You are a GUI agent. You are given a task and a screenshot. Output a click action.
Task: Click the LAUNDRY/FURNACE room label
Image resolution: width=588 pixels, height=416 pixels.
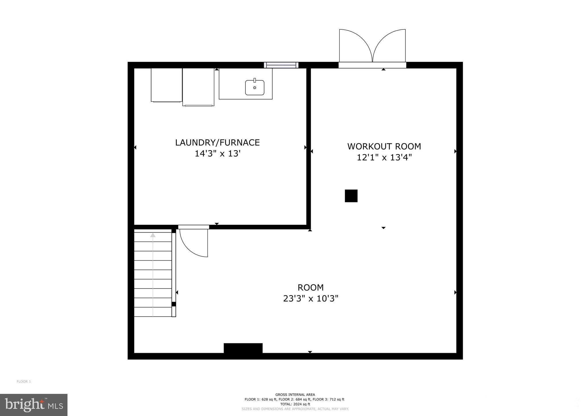tap(217, 142)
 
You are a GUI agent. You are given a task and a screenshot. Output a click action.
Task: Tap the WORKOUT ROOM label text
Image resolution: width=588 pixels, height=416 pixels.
tap(384, 147)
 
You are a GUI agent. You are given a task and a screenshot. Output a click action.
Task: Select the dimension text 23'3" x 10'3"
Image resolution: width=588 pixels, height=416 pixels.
tap(311, 299)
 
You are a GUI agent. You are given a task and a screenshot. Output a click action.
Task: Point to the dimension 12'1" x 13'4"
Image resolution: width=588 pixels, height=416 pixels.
tap(384, 157)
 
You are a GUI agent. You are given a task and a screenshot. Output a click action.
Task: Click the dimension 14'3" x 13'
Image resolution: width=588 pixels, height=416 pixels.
tap(217, 154)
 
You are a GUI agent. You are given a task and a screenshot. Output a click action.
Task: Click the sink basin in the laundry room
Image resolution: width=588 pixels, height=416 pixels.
tap(255, 88)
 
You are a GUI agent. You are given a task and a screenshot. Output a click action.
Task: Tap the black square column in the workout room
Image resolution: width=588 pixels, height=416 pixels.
tap(351, 196)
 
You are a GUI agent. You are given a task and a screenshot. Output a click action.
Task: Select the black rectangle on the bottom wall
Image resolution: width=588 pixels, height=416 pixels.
tap(243, 348)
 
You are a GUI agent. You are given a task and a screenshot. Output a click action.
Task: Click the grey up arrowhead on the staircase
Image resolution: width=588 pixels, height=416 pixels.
tap(153, 235)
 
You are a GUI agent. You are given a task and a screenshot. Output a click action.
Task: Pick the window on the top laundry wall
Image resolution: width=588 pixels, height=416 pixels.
tap(281, 65)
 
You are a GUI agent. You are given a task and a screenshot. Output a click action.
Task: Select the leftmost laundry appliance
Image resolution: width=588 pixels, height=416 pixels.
tap(167, 85)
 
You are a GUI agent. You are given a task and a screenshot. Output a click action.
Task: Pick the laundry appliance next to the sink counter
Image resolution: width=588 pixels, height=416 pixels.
tap(198, 87)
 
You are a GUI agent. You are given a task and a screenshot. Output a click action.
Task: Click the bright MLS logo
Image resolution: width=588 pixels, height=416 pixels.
tap(34, 405)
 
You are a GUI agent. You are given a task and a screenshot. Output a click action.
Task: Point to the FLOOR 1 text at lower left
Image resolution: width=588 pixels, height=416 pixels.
tap(24, 382)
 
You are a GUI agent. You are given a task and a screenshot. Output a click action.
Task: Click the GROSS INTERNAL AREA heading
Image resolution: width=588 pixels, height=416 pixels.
tap(295, 395)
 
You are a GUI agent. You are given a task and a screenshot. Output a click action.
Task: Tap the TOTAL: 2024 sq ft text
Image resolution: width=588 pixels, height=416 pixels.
tap(295, 404)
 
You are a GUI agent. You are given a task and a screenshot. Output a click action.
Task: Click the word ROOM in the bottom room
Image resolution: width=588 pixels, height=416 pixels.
tap(310, 288)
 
